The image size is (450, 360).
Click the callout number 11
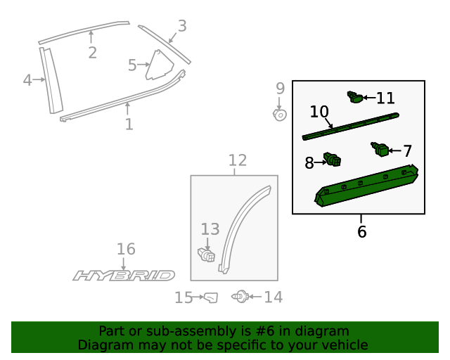pos(385,98)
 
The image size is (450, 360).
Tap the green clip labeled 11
pos(356,98)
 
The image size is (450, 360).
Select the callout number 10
pos(319,112)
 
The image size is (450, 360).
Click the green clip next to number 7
pos(380,149)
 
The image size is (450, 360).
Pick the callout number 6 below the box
pos(361,231)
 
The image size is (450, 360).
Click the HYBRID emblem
pos(124,276)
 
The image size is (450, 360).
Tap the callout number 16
pos(126,249)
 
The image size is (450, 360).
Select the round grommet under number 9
pos(279,114)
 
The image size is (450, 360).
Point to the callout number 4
pos(27,80)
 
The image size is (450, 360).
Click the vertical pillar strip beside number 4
pos(51,80)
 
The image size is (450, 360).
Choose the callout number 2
pos(92,53)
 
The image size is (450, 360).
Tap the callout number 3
pos(182,26)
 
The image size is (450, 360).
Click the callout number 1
pos(129,124)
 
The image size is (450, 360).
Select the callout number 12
pos(237,160)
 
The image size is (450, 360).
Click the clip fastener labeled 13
pos(206,253)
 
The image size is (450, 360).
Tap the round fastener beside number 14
pos(240,297)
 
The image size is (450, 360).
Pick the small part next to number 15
pos(210,298)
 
